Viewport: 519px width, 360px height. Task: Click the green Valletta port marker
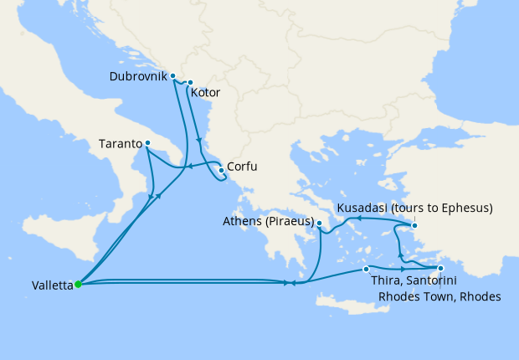pos(78,284)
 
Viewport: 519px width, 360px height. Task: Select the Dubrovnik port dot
pos(173,76)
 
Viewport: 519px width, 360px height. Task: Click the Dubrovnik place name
pos(138,76)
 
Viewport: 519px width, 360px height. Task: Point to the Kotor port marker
pos(190,83)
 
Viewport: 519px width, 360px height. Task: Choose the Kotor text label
pos(205,93)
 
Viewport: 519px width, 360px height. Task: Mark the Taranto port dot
pos(147,143)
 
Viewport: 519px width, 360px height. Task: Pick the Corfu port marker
pos(221,170)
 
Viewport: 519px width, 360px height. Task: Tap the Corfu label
pos(241,167)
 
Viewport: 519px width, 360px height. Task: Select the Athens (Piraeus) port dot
pos(320,223)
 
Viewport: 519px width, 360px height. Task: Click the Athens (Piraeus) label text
pos(268,222)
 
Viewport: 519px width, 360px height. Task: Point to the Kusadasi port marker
pos(414,224)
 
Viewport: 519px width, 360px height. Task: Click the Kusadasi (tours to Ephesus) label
pos(414,208)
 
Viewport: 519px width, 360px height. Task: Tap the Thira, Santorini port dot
pos(366,269)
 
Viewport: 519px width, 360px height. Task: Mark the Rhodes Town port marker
pos(440,269)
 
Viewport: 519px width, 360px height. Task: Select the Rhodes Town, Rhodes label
pos(439,297)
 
